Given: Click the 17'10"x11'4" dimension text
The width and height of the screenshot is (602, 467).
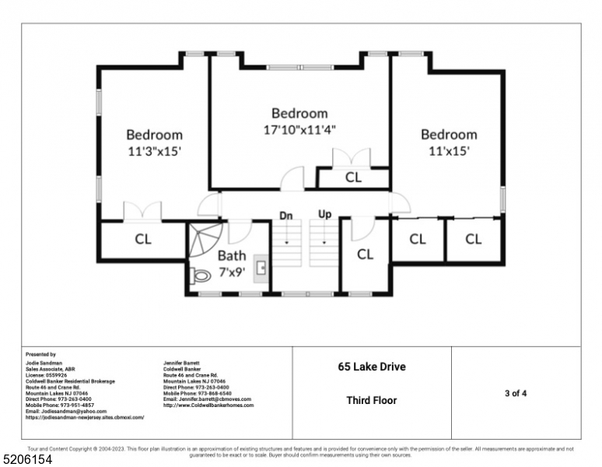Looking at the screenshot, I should pos(299,129).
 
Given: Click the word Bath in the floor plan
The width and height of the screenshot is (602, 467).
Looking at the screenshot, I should pos(231,255).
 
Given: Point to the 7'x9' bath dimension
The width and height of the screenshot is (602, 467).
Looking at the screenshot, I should pos(231,272).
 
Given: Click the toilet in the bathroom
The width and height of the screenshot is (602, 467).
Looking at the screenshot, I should pos(201,275).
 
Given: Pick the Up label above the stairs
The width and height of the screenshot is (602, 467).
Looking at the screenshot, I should pos(324,213).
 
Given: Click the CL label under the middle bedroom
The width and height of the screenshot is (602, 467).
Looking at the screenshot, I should pos(353,177).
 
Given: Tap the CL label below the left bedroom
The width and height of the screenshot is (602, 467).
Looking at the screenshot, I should pos(143,239).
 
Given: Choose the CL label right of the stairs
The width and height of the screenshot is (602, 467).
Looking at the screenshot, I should pos(365,254).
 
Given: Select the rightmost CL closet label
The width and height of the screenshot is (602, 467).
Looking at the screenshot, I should pos(473,239).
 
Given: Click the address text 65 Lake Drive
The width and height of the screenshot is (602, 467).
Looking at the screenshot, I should pos(371,367).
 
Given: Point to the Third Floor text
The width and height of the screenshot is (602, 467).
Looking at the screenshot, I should pos(371,401).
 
